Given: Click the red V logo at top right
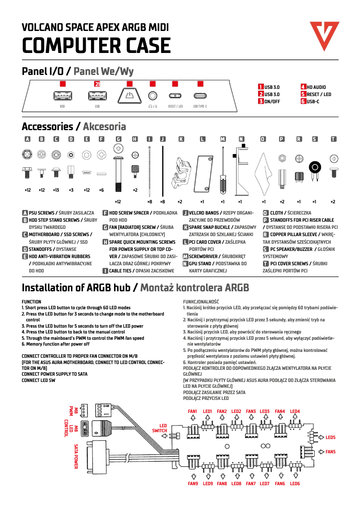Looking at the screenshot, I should [x=324, y=35].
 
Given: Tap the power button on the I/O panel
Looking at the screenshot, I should [x=129, y=96].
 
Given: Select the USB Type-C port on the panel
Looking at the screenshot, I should [x=200, y=96].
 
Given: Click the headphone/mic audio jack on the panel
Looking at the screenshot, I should [x=153, y=96].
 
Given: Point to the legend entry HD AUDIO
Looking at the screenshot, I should [x=316, y=87].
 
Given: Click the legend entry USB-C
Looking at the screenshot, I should [x=313, y=101].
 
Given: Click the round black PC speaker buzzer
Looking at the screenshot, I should [x=315, y=168].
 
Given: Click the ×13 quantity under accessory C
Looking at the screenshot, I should [x=56, y=190].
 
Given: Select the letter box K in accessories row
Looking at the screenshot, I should [x=181, y=139].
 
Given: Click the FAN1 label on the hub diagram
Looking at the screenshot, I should [x=193, y=411].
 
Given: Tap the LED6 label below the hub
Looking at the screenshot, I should [x=295, y=484].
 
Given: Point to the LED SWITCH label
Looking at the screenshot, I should [x=160, y=428].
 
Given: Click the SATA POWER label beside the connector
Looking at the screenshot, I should [x=76, y=456].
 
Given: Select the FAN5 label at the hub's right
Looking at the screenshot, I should [x=330, y=452].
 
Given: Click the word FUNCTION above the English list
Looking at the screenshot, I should [x=31, y=302].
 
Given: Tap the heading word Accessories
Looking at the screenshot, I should [x=47, y=127].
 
